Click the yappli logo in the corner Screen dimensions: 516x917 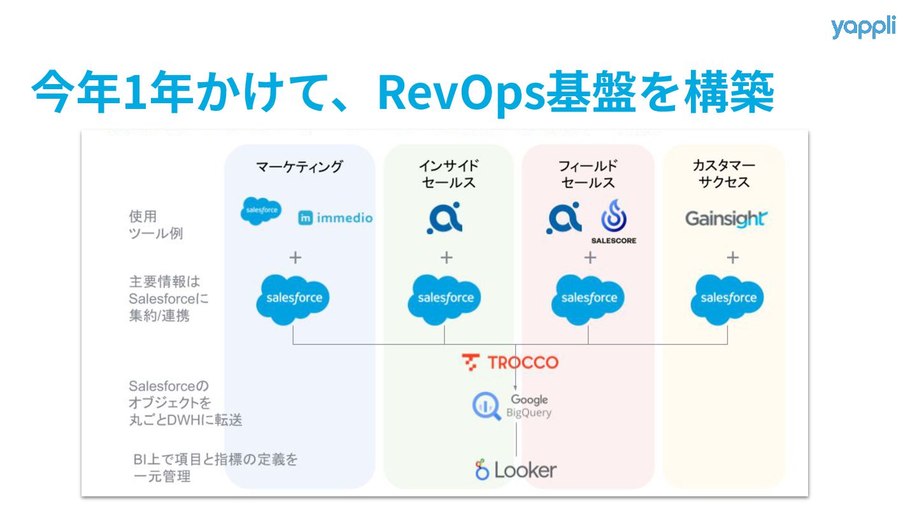tap(863, 27)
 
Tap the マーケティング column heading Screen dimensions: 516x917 tap(299, 167)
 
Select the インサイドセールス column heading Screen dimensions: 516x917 tap(448, 175)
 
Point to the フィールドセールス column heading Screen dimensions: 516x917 tap(588, 175)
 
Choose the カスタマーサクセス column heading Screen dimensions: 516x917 tap(724, 174)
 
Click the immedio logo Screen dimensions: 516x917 tap(336, 219)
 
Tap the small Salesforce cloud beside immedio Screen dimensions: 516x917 tap(260, 211)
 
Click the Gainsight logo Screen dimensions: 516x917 tap(725, 219)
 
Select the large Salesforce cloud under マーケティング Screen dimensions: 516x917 tap(294, 298)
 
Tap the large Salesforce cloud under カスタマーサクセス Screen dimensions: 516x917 tap(728, 298)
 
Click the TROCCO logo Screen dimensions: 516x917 tap(510, 362)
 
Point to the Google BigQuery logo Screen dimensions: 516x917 tap(511, 406)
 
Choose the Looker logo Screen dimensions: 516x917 tap(515, 470)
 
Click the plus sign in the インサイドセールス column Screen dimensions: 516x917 tap(447, 257)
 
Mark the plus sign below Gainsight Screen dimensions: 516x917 tap(733, 257)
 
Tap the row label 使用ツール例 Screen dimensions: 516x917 tap(155, 225)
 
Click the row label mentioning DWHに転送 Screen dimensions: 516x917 tap(185, 403)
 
